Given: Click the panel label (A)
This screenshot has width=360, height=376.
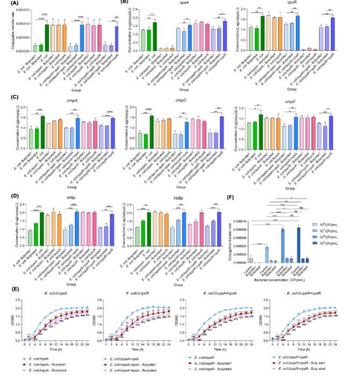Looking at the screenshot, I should (8, 4).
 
